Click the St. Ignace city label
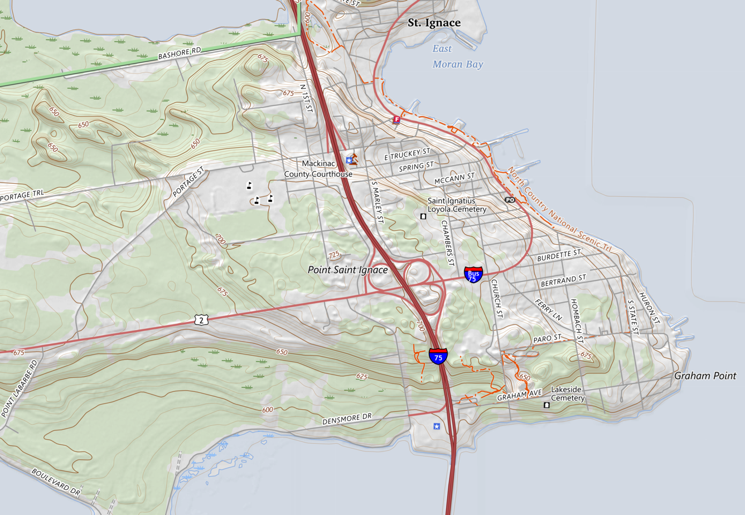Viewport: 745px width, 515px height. pos(434,23)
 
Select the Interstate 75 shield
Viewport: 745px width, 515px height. pos(438,356)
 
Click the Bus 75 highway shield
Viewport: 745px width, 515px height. pos(473,274)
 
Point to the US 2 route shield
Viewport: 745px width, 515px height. pos(202,319)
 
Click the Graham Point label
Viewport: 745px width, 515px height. pos(705,376)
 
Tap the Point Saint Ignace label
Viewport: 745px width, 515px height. pos(347,270)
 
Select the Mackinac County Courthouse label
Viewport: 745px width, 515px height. pos(318,169)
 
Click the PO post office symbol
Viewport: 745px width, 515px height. pos(510,200)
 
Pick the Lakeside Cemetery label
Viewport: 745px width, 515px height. pos(567,393)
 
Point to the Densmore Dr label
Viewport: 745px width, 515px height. pos(346,419)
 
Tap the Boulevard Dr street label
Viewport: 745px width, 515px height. pos(56,482)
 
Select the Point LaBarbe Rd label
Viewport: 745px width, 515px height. pos(20,388)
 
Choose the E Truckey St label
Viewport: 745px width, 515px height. pos(408,155)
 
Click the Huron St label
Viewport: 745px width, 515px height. pos(649,308)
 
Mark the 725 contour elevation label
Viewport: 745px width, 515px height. pos(333,255)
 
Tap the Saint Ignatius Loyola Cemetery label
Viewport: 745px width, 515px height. pos(457,205)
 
